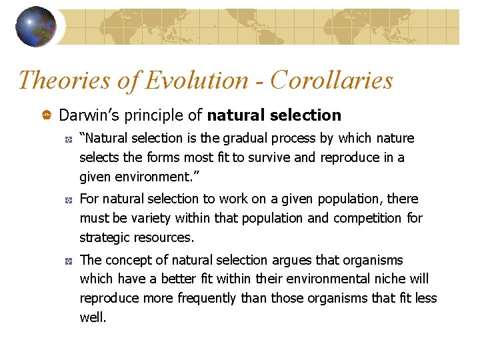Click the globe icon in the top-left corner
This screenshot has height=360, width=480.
37,26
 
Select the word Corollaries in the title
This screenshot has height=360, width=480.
332,80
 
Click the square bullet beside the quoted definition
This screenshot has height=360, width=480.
68,139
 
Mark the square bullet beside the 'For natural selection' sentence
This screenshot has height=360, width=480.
68,199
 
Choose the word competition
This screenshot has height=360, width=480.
367,218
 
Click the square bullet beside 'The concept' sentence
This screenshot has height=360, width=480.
68,261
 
